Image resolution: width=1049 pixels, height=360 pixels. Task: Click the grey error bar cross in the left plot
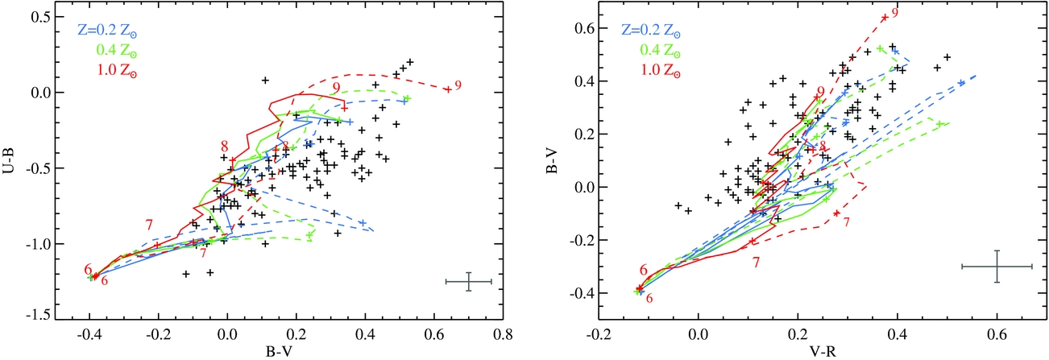point(468,281)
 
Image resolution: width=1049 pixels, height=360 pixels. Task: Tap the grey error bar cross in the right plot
point(997,266)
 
